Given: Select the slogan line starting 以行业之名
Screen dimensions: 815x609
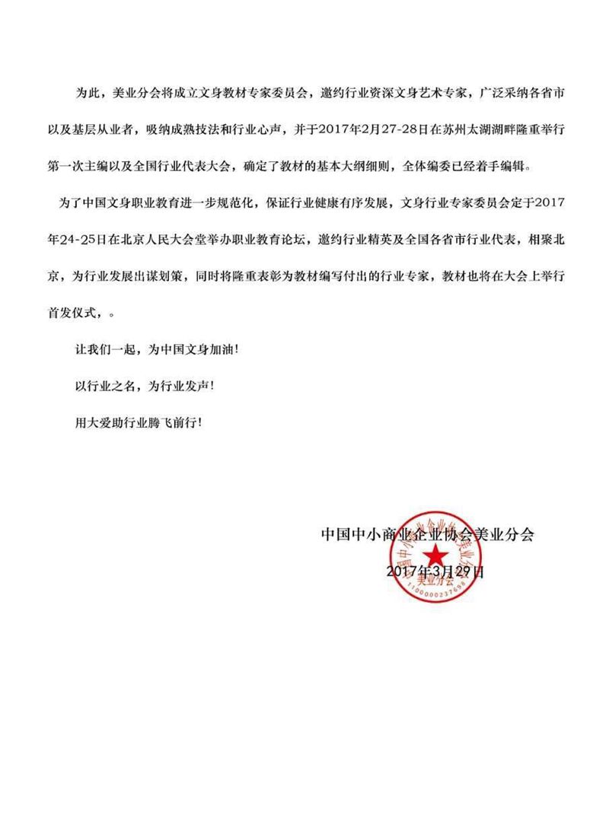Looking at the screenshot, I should (x=145, y=386).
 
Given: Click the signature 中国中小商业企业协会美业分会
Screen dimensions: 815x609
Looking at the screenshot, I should (x=427, y=534).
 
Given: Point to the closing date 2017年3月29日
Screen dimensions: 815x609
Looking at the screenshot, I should (x=435, y=571).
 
